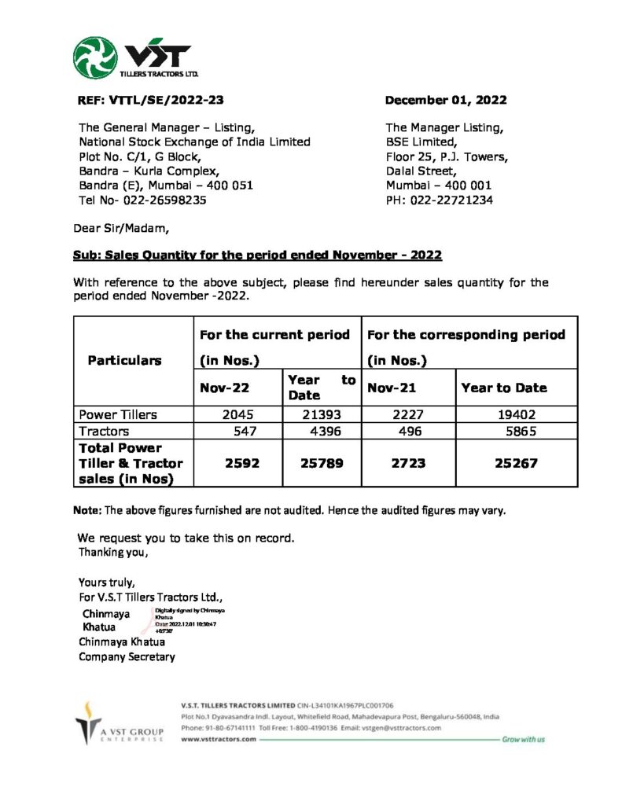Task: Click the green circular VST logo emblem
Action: click(96, 57)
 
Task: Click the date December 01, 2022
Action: click(445, 100)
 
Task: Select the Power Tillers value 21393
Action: click(323, 414)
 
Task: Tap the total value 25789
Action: click(322, 463)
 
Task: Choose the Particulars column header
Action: click(124, 360)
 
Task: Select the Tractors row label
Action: click(104, 431)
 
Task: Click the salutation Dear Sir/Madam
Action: click(120, 229)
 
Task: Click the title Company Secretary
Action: click(127, 656)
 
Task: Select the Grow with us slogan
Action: click(524, 739)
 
